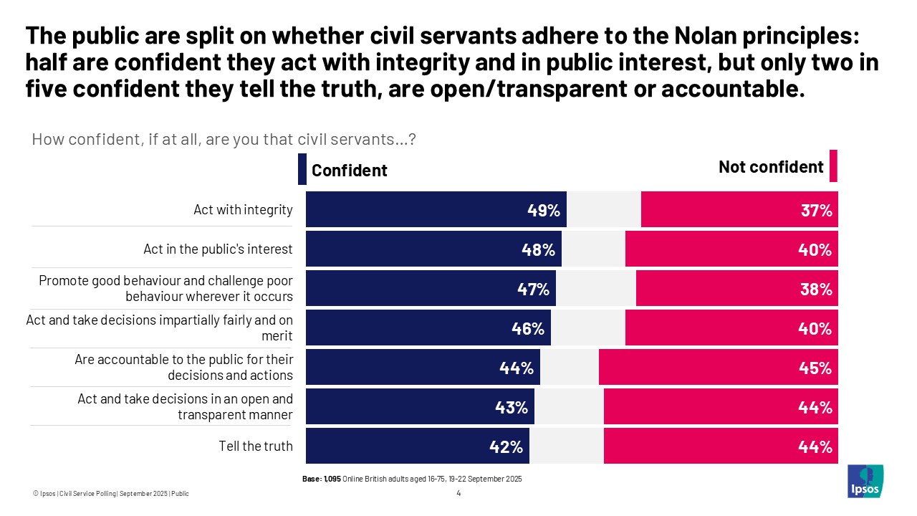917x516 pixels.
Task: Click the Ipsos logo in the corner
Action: click(865, 482)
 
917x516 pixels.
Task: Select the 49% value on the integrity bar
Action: click(543, 211)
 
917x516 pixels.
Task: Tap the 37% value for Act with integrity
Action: click(816, 211)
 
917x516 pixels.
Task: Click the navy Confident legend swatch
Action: click(302, 169)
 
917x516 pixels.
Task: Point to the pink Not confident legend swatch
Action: click(833, 167)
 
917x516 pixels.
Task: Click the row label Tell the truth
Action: click(256, 446)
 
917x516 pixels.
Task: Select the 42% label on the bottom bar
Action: click(506, 447)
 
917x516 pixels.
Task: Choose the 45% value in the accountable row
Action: click(816, 368)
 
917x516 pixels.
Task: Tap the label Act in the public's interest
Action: click(218, 249)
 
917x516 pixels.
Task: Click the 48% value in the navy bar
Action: click(538, 250)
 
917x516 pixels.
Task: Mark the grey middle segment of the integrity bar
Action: click(604, 211)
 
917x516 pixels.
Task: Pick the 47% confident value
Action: click(533, 290)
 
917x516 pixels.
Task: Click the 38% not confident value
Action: click(816, 290)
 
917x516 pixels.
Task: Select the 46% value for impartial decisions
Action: click(528, 329)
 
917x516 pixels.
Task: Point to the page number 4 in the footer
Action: click(458, 493)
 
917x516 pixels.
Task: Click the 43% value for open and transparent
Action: click(512, 408)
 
